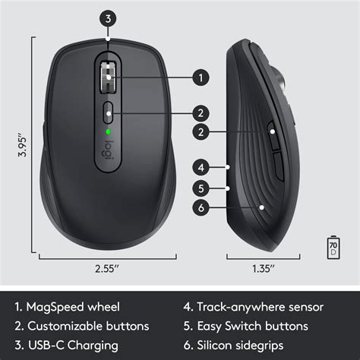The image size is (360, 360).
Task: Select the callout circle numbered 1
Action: tap(201, 77)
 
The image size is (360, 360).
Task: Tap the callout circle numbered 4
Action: tap(201, 166)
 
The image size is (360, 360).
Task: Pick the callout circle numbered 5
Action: tap(201, 187)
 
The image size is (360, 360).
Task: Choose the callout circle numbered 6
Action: tap(201, 207)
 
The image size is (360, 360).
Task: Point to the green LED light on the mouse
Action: tap(109, 131)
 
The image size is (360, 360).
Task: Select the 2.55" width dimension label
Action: tap(109, 268)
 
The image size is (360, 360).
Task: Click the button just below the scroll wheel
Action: tap(109, 112)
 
